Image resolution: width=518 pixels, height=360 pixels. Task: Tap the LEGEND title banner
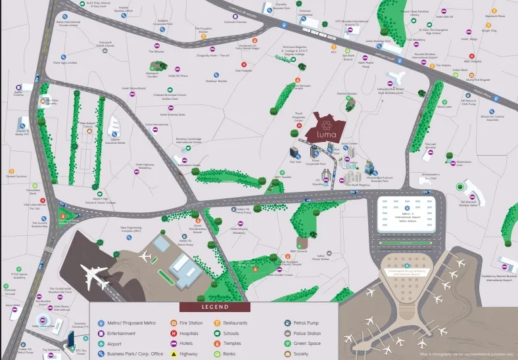click(214, 307)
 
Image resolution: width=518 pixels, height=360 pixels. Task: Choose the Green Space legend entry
click(306, 343)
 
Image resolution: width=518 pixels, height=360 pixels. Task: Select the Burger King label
click(488, 30)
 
